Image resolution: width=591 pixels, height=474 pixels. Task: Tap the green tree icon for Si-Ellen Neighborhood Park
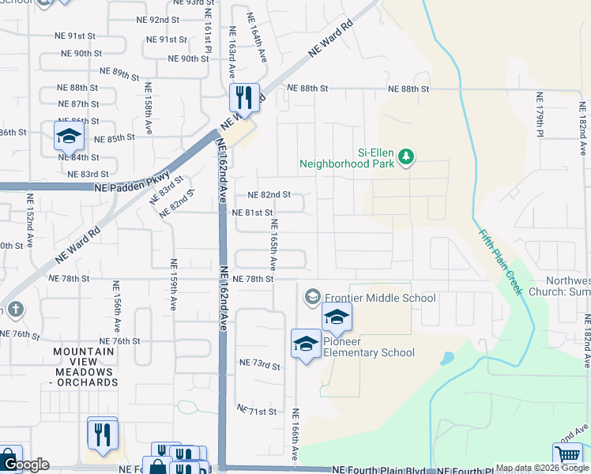[407, 156]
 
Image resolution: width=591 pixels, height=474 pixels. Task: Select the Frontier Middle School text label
[380, 298]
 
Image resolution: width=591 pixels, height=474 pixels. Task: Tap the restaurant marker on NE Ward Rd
[244, 98]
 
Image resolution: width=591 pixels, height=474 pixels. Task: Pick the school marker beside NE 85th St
[69, 136]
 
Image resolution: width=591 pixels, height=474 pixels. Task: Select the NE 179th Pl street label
[540, 115]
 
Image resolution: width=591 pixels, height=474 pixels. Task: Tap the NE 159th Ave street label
[173, 281]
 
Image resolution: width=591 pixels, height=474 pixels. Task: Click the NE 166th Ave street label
[295, 435]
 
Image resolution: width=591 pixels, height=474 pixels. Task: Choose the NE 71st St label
[257, 412]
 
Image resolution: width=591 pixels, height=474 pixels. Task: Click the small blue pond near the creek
[448, 359]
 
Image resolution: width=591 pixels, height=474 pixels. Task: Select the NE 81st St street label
[252, 213]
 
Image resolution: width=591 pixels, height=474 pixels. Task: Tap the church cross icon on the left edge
[13, 309]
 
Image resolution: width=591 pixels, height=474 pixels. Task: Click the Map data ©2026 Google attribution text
[542, 468]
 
